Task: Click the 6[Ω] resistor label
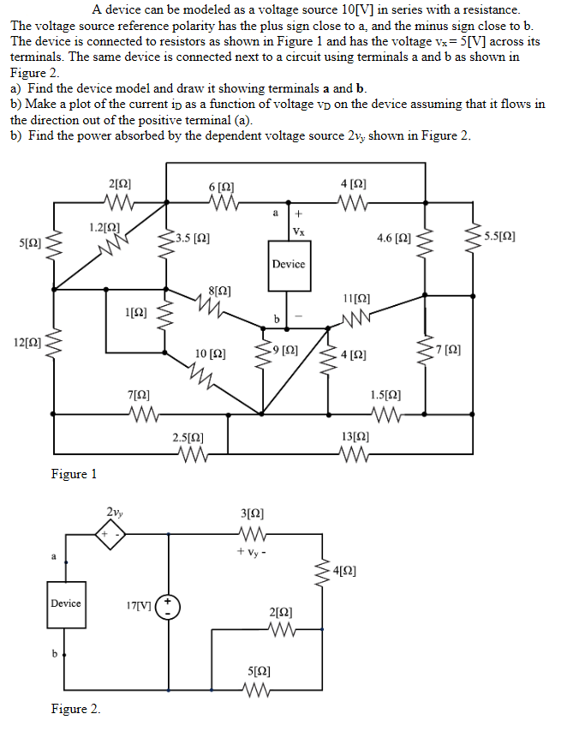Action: coord(221,186)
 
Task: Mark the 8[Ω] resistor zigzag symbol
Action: coord(220,308)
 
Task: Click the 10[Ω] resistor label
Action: coord(211,353)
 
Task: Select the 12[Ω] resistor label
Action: coord(25,343)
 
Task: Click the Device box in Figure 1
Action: coord(289,264)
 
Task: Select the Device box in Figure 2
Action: coord(66,603)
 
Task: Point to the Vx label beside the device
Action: coord(298,231)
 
